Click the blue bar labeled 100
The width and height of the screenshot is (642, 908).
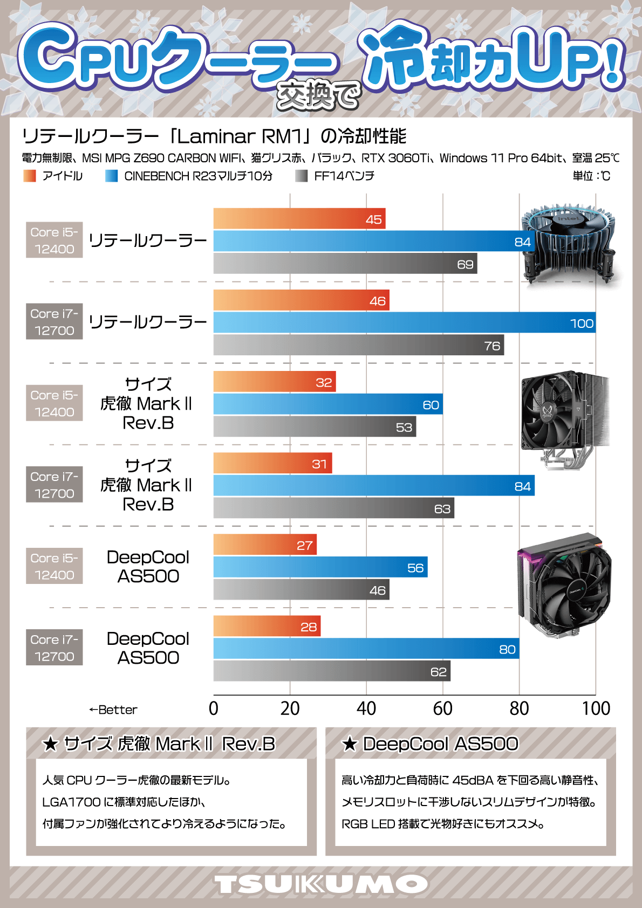[404, 322]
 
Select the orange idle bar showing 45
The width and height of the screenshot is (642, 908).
[299, 219]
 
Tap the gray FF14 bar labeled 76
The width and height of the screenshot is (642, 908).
[358, 345]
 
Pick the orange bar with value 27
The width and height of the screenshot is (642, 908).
[264, 545]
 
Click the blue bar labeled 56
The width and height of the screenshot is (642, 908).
[320, 567]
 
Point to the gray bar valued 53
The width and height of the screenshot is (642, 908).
[314, 427]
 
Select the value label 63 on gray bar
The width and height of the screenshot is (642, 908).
[442, 508]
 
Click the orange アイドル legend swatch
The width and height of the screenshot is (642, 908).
[30, 176]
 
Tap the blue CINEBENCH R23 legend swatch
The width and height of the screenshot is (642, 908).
[112, 176]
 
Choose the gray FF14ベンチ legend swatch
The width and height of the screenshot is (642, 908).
[302, 176]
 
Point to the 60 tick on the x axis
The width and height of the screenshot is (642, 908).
[442, 708]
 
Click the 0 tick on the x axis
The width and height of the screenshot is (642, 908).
[214, 708]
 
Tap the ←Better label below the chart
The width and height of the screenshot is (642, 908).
[113, 710]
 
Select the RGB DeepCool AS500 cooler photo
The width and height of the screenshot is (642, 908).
[564, 585]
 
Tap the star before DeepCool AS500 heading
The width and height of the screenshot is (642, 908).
[350, 745]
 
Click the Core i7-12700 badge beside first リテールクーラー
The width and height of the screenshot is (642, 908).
[54, 321]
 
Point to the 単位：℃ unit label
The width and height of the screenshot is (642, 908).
[591, 176]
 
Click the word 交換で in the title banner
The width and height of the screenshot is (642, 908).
[318, 96]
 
